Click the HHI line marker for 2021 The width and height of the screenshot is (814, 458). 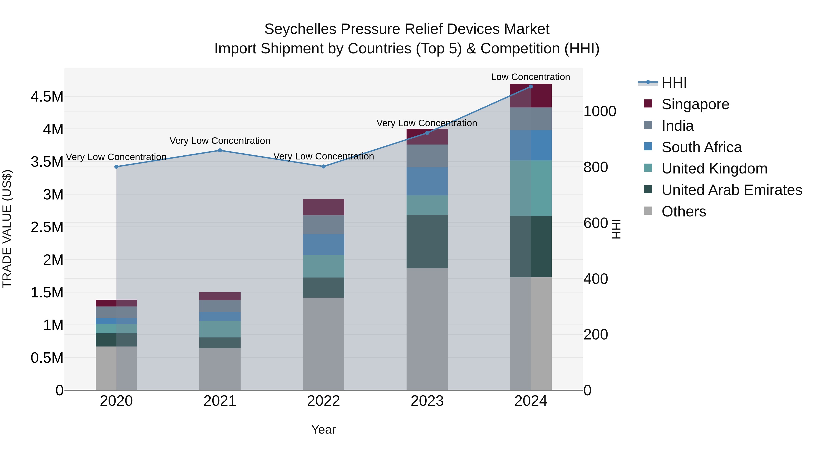[x=220, y=150]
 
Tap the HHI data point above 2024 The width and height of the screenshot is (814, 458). [x=530, y=87]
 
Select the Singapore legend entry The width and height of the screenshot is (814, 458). [x=695, y=104]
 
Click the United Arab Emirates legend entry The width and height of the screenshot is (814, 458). [x=731, y=190]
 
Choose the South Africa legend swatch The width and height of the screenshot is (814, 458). [x=648, y=147]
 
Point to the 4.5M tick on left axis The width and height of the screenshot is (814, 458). [x=47, y=97]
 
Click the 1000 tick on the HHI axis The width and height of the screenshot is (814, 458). [x=599, y=111]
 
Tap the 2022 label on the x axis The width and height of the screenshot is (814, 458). [x=323, y=401]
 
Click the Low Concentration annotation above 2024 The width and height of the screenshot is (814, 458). [x=530, y=77]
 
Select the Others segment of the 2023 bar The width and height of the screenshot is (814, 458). [x=427, y=329]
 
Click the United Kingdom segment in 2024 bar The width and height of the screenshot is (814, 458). [x=530, y=188]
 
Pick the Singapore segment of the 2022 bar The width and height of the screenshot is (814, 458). [x=323, y=207]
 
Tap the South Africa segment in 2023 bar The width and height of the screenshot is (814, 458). [x=427, y=181]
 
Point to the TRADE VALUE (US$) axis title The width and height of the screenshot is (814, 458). [x=7, y=229]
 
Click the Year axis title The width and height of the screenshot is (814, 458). [x=323, y=430]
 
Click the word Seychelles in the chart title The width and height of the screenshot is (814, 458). [x=300, y=29]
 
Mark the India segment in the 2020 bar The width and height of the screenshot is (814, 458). [x=116, y=312]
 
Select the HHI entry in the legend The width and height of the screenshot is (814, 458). [x=674, y=83]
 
